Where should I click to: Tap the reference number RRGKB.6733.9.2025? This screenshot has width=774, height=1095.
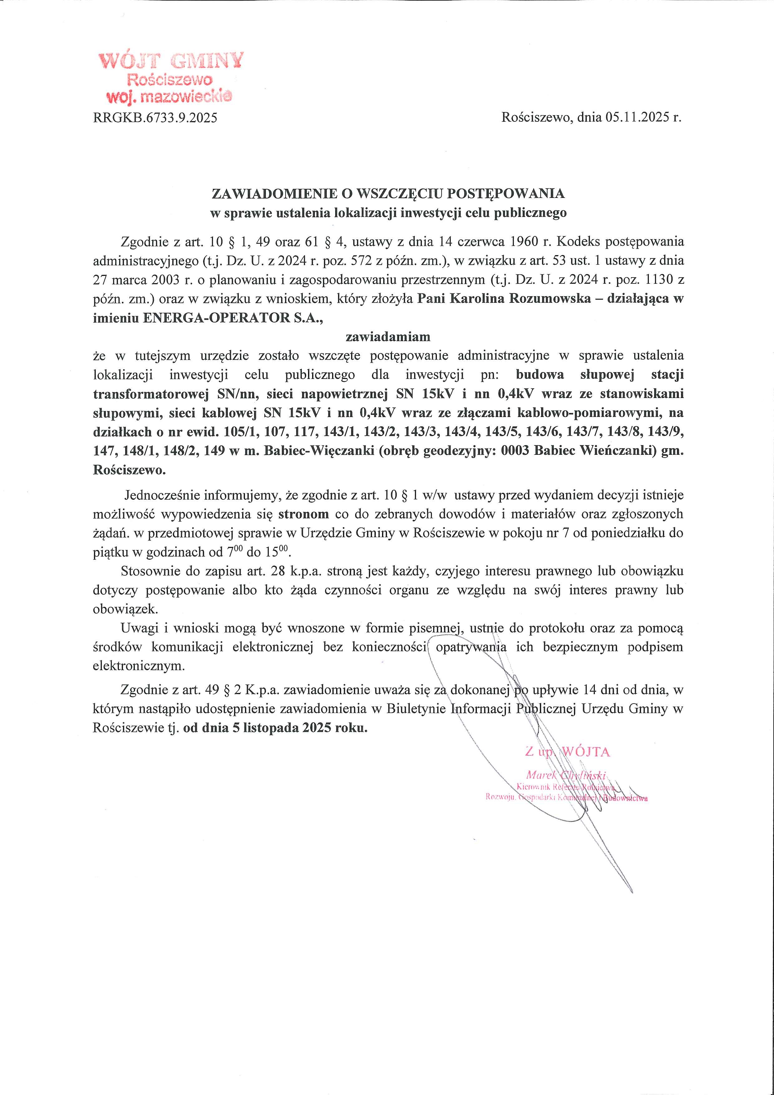click(x=155, y=118)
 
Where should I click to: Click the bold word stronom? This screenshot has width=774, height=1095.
click(x=304, y=514)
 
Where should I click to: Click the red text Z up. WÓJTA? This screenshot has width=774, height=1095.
click(x=567, y=752)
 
